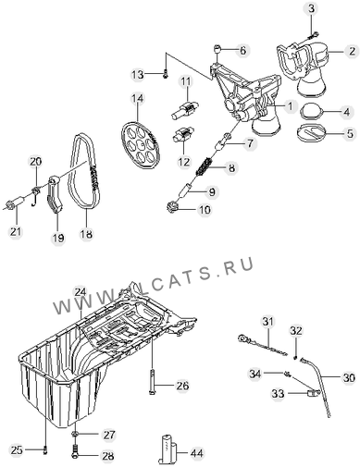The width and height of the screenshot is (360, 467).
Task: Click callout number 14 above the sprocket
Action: [138, 99]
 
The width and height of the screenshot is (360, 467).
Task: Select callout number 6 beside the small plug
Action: [243, 51]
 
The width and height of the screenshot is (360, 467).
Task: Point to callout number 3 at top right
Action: [311, 9]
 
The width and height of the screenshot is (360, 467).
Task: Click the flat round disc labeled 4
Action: [312, 112]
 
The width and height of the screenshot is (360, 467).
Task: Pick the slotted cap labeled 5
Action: [312, 132]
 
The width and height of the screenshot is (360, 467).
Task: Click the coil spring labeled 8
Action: [205, 166]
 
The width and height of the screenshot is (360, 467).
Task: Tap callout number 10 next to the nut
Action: [204, 210]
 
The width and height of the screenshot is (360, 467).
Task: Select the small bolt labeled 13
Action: [166, 74]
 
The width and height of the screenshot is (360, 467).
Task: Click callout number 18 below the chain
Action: [86, 234]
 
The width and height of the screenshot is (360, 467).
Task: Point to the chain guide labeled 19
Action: [55, 194]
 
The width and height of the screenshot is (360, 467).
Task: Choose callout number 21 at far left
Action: [16, 231]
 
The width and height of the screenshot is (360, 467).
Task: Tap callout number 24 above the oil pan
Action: [80, 292]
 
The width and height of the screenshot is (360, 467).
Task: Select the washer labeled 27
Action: [75, 435]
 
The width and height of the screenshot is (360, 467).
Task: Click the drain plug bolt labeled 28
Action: [75, 451]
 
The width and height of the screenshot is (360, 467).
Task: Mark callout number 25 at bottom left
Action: [17, 450]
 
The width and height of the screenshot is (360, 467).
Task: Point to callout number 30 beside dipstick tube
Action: [349, 377]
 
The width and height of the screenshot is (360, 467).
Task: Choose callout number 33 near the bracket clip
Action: [278, 393]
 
